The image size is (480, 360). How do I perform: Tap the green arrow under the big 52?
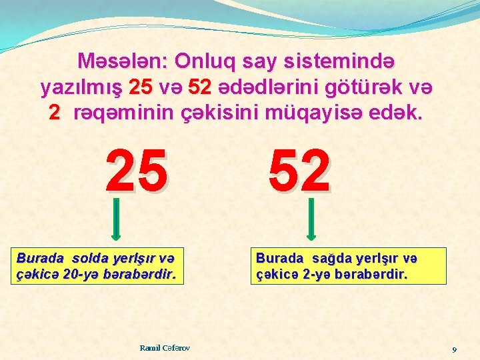point(311,219)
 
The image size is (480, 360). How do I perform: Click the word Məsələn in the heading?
point(122,62)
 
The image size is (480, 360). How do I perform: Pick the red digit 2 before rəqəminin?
point(55,113)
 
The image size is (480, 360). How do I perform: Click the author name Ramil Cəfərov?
point(165,348)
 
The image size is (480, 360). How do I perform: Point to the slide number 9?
point(454,349)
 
